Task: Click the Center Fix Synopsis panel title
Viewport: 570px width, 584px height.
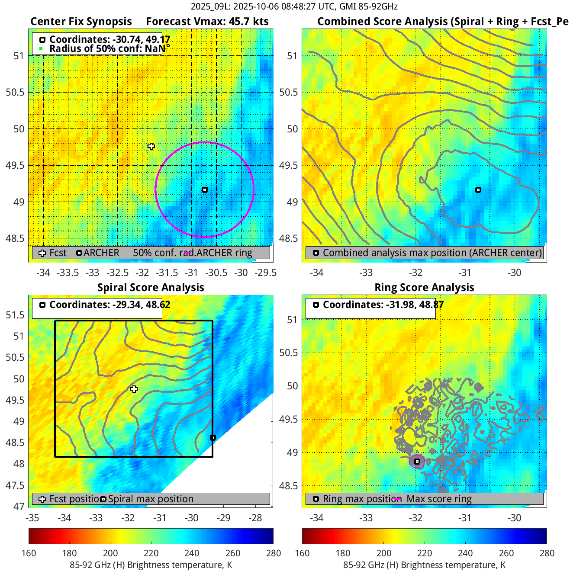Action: (x=81, y=22)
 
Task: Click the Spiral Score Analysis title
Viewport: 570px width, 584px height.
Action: (x=151, y=288)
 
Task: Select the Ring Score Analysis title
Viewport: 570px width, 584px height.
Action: (x=424, y=288)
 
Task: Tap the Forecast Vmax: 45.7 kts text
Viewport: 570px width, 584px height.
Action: (x=207, y=22)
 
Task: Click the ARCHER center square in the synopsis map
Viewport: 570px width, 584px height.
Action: (x=205, y=190)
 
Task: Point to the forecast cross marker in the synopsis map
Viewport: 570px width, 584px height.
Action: (x=151, y=147)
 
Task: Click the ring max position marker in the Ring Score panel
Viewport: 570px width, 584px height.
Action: (x=417, y=462)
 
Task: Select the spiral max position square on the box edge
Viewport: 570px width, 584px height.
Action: (x=213, y=438)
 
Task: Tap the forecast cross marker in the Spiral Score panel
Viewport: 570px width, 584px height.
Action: (x=134, y=389)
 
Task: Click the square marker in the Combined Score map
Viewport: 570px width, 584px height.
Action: (x=478, y=190)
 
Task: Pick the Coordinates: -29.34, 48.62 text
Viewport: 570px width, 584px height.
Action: (x=109, y=305)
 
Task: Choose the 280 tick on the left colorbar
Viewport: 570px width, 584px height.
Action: (x=274, y=553)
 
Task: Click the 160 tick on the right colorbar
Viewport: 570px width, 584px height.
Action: (x=302, y=553)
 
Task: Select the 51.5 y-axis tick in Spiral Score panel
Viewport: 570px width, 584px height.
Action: (x=15, y=315)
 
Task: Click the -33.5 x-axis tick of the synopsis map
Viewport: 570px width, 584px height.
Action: (x=68, y=273)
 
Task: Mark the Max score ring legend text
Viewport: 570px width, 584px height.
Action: (x=439, y=499)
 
